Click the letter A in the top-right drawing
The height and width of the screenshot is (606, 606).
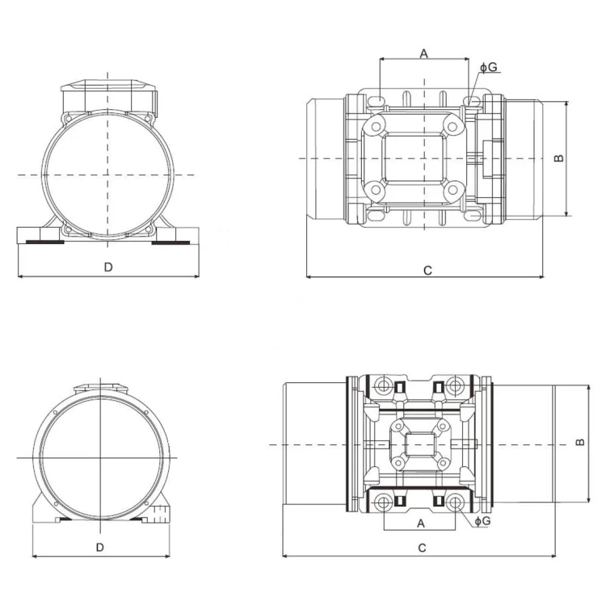424,53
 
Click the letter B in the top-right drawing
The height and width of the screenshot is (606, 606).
559,158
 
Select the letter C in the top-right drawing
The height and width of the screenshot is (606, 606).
427,271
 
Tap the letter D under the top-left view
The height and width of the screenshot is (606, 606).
108,267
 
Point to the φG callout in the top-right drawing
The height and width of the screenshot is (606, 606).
489,67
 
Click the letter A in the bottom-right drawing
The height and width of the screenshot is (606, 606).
421,524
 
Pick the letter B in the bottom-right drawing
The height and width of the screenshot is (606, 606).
579,442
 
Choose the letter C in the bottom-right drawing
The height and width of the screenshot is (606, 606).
422,548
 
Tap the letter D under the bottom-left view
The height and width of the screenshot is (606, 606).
100,547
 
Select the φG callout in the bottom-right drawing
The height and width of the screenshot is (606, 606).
482,521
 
